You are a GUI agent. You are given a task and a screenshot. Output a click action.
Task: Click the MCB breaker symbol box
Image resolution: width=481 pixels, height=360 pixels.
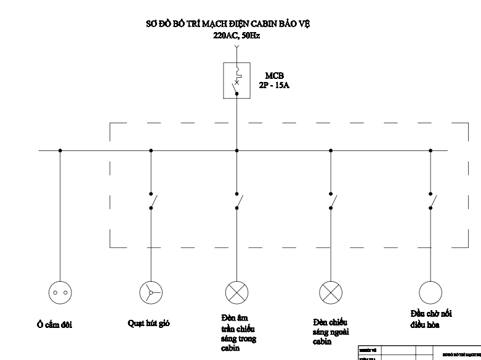click(236, 80)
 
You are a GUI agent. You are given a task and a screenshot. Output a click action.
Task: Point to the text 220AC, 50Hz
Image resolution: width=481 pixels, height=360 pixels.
click(236, 35)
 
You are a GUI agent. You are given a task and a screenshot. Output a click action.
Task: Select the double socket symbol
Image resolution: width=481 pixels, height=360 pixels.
click(60, 292)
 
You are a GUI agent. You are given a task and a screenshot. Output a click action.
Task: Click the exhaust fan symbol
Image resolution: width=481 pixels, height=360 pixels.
click(151, 292)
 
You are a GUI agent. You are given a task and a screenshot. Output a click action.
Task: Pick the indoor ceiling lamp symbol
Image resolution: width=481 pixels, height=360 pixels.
click(236, 292)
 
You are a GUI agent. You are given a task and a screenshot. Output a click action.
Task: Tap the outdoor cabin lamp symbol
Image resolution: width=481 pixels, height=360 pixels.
click(331, 292)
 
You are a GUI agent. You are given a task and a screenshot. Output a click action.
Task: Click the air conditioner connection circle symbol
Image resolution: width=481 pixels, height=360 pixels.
click(430, 292)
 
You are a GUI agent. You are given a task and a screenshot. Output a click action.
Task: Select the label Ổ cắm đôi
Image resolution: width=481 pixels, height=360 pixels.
click(54, 325)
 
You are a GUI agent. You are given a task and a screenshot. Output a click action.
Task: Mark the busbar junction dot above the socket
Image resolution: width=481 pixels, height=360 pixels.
click(60, 150)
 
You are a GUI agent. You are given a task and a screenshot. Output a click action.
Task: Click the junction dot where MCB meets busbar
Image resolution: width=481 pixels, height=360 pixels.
click(236, 150)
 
